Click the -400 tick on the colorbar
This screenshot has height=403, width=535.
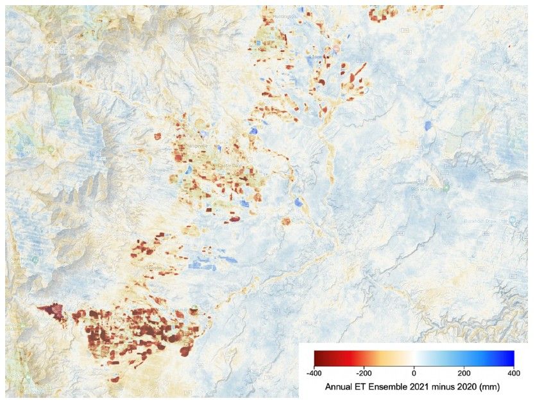click(314, 372)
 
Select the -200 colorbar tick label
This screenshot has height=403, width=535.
click(363, 372)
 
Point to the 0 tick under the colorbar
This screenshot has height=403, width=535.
click(414, 372)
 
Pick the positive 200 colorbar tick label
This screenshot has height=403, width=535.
click(464, 372)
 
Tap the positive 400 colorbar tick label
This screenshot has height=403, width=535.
click(513, 372)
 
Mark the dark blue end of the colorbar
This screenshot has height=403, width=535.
click(511, 358)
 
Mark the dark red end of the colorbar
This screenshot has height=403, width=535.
click(317, 358)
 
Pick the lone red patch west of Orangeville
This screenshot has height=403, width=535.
click(158, 136)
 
